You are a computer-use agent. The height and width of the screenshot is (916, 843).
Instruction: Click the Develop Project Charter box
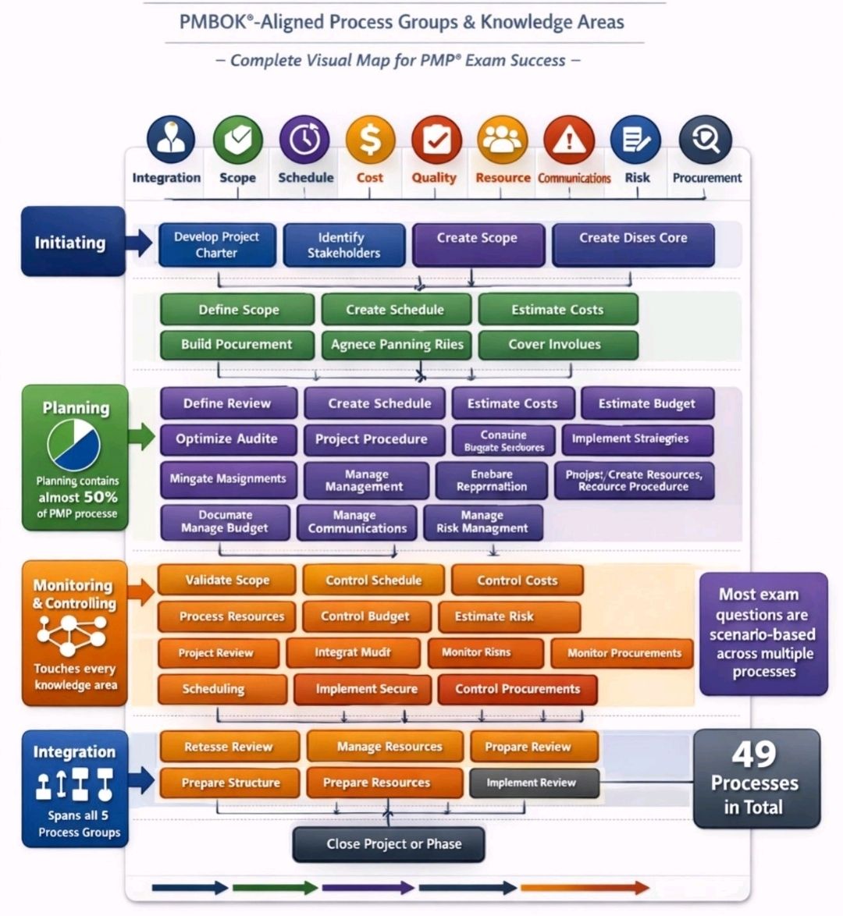(x=217, y=245)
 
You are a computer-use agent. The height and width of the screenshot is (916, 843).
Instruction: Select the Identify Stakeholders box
(x=343, y=245)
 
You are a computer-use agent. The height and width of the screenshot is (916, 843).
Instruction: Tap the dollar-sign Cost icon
(x=370, y=141)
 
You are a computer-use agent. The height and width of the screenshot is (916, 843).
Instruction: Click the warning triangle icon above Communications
(x=569, y=141)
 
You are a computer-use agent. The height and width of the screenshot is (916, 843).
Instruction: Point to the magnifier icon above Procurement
(x=705, y=141)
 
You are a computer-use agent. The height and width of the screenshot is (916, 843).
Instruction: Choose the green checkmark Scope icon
(x=237, y=141)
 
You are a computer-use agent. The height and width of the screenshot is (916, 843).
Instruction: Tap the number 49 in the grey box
(x=754, y=754)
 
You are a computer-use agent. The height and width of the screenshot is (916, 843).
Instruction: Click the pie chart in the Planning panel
(x=74, y=446)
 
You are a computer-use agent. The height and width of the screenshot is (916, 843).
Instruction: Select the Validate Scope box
(x=227, y=580)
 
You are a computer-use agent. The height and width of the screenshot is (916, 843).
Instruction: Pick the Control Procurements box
(x=518, y=689)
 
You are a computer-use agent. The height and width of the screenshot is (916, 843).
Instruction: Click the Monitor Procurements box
(x=624, y=653)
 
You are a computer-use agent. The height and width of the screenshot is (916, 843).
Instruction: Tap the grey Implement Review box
(x=532, y=783)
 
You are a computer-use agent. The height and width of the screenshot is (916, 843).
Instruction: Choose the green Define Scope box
(x=238, y=310)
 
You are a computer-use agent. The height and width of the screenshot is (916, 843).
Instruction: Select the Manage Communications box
(x=357, y=522)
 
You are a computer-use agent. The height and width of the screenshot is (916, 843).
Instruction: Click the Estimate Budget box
(x=646, y=403)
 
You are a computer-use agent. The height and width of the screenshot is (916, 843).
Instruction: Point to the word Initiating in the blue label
(x=69, y=243)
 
